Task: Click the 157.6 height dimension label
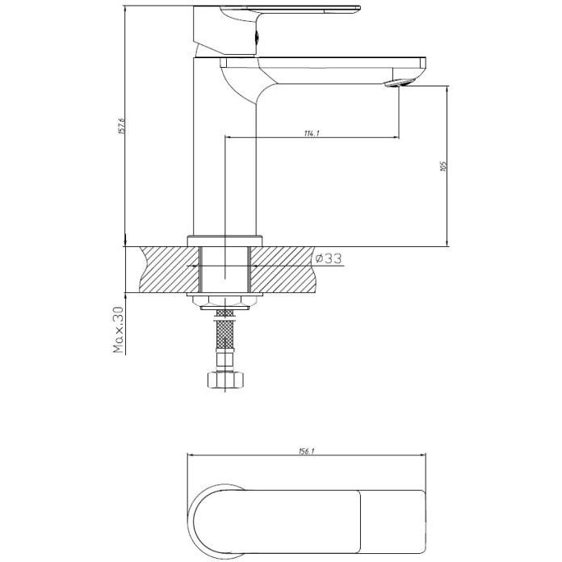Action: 121,125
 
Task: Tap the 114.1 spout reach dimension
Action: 312,133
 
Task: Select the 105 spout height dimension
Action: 443,166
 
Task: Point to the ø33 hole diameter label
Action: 328,258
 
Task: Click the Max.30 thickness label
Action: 118,329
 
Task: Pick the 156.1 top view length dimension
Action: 307,451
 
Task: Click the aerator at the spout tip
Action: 398,83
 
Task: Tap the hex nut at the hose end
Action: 225,380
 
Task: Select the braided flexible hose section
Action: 224,333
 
